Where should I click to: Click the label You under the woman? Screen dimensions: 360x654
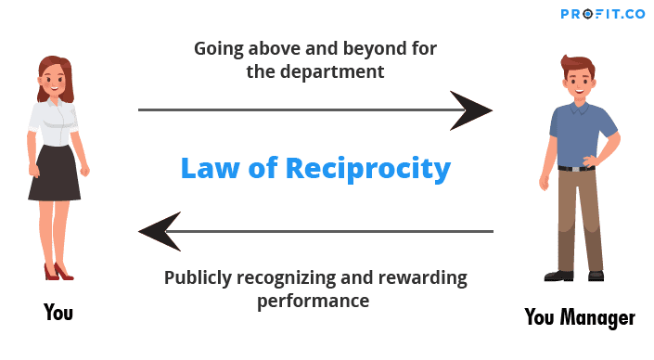(58, 312)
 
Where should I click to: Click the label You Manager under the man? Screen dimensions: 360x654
(580, 317)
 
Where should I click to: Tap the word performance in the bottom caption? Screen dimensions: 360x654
(314, 301)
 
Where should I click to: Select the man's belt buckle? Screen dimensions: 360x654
(577, 168)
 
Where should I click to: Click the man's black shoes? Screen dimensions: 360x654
(576, 275)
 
